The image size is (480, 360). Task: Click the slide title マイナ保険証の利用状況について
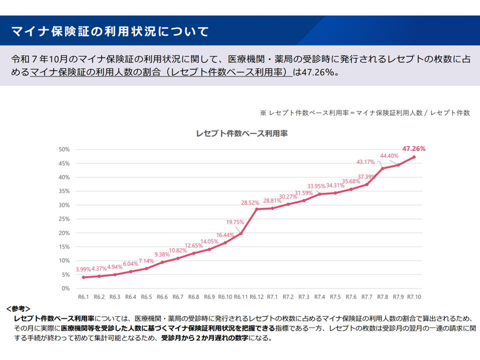110,32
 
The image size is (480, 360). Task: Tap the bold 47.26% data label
413,148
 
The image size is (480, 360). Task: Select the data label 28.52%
250,202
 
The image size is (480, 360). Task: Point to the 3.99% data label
83,269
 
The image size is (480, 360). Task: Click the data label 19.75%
235,222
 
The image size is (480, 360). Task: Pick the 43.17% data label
365,161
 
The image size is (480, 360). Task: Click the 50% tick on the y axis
64,149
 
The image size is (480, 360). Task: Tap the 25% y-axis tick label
64,219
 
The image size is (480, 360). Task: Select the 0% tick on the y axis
65,288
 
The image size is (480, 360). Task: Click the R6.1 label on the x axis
83,297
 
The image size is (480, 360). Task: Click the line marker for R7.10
414,157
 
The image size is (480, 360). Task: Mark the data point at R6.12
256,209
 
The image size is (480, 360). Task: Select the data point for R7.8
382,168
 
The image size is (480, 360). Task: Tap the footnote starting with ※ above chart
364,113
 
